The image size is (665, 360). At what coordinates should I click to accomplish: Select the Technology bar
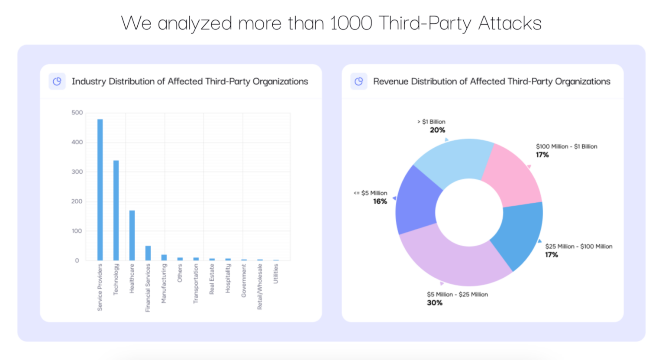click(x=116, y=211)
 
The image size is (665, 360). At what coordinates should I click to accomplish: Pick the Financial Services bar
click(x=148, y=253)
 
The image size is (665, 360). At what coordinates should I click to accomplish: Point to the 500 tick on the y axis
click(x=77, y=113)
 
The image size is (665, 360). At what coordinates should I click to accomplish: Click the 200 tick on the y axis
click(x=77, y=201)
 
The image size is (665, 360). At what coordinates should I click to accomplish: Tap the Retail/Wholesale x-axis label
click(x=260, y=287)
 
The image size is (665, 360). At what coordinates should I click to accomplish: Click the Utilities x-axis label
click(x=276, y=274)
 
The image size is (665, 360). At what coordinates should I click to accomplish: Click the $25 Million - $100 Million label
click(x=578, y=246)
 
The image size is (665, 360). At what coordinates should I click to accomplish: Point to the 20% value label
click(x=437, y=130)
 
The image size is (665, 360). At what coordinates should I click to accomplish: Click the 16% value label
click(x=380, y=201)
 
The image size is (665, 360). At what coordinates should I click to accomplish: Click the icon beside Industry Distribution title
click(x=57, y=81)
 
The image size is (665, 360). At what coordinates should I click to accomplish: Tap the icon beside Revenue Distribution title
click(x=358, y=81)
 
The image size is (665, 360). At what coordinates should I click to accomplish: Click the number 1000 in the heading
click(x=351, y=23)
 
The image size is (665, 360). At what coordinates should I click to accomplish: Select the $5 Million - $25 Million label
click(x=457, y=295)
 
